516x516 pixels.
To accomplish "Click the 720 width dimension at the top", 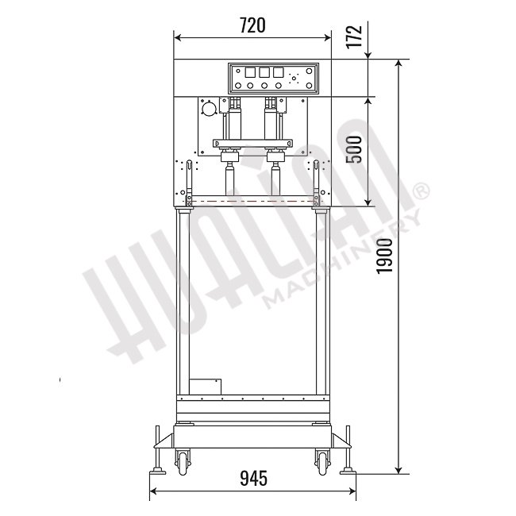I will pyautogui.click(x=252, y=25).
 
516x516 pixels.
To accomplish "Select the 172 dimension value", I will pyautogui.click(x=355, y=36).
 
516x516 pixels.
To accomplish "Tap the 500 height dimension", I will pyautogui.click(x=355, y=149).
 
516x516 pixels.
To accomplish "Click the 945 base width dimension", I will pyautogui.click(x=252, y=478).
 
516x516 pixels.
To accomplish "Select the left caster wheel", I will pyautogui.click(x=183, y=462).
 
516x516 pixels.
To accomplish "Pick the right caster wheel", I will pyautogui.click(x=323, y=462).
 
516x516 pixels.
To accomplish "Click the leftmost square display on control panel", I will pyautogui.click(x=249, y=72).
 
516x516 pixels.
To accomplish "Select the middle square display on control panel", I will pyautogui.click(x=264, y=72).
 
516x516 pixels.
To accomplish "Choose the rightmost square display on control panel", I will pyautogui.click(x=278, y=72).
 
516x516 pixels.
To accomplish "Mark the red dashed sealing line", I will pyautogui.click(x=252, y=201).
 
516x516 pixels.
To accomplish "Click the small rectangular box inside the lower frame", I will pyautogui.click(x=205, y=385).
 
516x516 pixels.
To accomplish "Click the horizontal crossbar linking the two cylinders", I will pyautogui.click(x=252, y=143).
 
